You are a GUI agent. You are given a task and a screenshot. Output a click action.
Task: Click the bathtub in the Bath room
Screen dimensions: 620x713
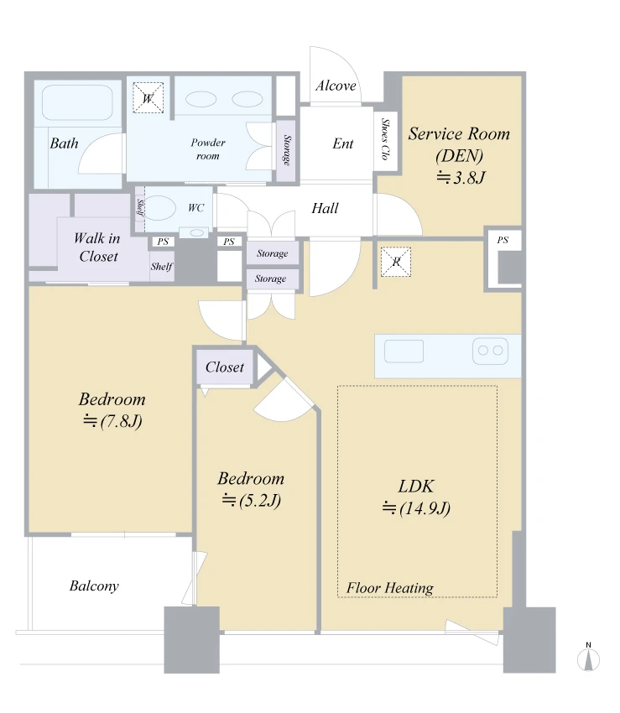pyautogui.click(x=77, y=103)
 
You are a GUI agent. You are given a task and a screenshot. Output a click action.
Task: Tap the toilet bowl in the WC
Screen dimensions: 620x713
pyautogui.click(x=160, y=208)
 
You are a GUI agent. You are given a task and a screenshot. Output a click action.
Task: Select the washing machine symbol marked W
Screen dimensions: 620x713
pyautogui.click(x=148, y=98)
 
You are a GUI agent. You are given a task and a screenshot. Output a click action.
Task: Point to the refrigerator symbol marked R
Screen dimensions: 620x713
pyautogui.click(x=396, y=262)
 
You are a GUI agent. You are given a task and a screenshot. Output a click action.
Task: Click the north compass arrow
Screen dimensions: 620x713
pyautogui.click(x=589, y=659)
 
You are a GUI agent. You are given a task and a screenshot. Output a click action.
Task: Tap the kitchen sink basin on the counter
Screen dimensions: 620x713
pyautogui.click(x=404, y=351)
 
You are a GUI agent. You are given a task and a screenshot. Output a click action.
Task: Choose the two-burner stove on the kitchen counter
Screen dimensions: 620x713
pyautogui.click(x=490, y=351)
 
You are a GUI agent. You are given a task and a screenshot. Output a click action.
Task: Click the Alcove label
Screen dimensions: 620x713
pyautogui.click(x=336, y=86)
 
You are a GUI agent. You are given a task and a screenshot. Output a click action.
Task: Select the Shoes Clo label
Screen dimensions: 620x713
pyautogui.click(x=385, y=138)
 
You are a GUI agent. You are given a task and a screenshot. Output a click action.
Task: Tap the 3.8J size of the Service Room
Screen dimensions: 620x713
pyautogui.click(x=461, y=177)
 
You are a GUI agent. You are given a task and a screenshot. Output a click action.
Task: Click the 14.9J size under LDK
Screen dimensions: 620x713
pyautogui.click(x=416, y=508)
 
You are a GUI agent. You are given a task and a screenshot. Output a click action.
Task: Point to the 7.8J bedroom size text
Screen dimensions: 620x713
pyautogui.click(x=112, y=421)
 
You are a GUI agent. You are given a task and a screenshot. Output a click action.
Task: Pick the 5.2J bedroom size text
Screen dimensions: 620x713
pyautogui.click(x=251, y=501)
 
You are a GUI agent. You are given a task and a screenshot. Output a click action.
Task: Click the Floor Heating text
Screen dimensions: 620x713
pyautogui.click(x=390, y=587)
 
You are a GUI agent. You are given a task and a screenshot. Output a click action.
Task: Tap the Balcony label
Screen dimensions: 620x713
pyautogui.click(x=94, y=585)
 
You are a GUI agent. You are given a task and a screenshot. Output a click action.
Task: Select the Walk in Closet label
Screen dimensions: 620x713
pyautogui.click(x=97, y=247)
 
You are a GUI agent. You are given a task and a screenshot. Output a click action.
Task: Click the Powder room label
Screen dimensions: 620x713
pyautogui.click(x=208, y=148)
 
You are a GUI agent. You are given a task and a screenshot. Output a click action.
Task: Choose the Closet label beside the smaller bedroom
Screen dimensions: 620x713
pyautogui.click(x=225, y=367)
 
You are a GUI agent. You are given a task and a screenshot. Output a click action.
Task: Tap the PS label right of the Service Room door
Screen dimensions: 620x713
pyautogui.click(x=503, y=240)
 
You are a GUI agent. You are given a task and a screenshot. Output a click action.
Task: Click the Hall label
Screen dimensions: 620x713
pyautogui.click(x=325, y=208)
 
